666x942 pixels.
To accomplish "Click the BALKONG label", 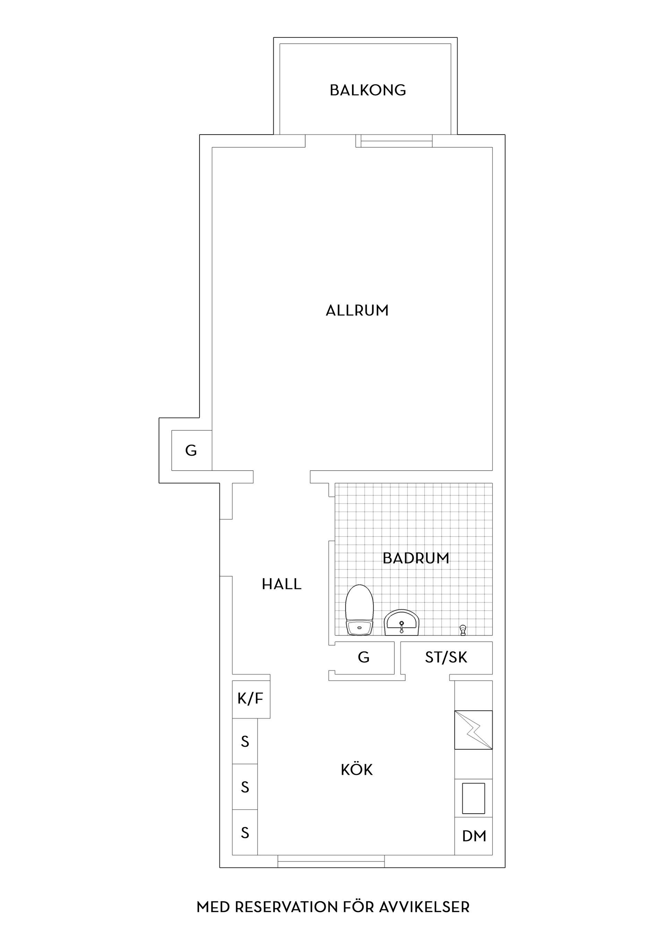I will (x=368, y=90).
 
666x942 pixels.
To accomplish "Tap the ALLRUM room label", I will (x=357, y=310).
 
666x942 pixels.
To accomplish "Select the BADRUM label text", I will (x=416, y=558).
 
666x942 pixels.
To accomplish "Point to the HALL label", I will (x=282, y=584).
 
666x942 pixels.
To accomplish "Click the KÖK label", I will (x=357, y=770).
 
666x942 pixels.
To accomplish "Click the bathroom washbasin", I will (x=401, y=623).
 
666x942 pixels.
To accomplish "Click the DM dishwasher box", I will (x=473, y=836).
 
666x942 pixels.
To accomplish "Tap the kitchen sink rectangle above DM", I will (x=473, y=798).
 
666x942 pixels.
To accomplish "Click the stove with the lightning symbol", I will (x=473, y=729).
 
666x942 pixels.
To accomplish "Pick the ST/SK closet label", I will (x=446, y=658).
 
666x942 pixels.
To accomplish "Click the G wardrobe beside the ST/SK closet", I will (x=364, y=658).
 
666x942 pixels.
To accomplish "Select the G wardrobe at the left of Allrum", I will (x=191, y=451).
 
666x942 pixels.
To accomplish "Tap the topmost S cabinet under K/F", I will (x=245, y=742).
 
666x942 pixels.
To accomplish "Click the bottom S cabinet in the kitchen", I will (x=245, y=832).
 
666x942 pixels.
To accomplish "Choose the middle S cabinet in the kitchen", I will (x=245, y=787).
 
